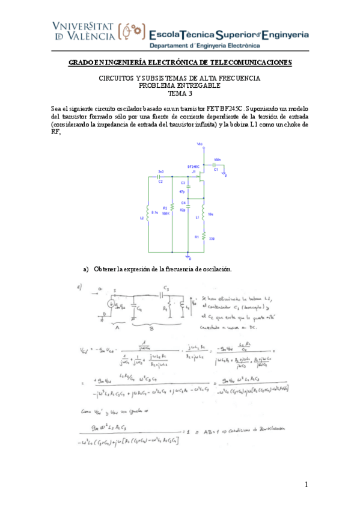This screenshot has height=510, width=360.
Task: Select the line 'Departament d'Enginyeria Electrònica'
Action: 204,46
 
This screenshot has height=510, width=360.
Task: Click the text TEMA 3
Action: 180,93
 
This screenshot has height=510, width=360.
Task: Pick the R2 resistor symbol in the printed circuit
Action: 172,207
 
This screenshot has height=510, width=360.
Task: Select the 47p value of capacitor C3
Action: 182,191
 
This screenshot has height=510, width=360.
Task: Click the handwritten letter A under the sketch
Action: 117,328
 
